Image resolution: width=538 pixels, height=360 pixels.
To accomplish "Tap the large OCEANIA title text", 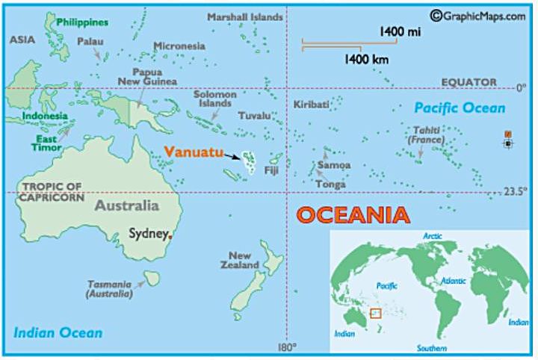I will point(353,215).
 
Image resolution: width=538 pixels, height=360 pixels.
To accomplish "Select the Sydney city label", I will point(148,233).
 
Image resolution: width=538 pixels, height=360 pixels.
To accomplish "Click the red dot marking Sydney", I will point(171,237).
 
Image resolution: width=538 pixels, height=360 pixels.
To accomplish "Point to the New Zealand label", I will point(240,260).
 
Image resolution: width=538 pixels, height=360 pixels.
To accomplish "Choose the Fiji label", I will point(271,171).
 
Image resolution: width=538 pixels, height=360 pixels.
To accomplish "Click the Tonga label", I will point(330,184).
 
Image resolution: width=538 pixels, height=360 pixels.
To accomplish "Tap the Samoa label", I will point(333,165).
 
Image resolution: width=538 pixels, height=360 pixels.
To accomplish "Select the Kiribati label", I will point(312,105).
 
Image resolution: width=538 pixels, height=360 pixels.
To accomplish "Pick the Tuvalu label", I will point(254,116).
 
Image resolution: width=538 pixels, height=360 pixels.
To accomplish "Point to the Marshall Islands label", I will point(245,16).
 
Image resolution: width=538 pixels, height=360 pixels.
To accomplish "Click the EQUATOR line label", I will point(469,81).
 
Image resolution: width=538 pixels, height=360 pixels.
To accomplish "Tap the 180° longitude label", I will point(287,347).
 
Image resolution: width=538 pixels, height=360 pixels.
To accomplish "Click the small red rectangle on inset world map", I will point(375,313).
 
